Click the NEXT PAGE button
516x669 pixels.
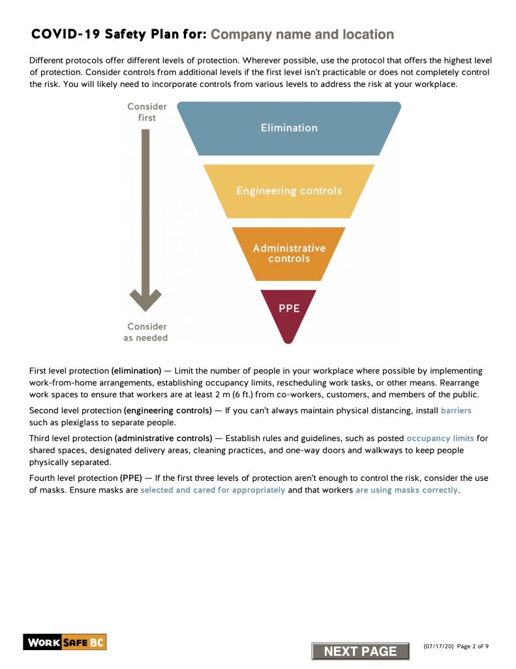click(360, 651)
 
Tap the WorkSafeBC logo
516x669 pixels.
click(65, 642)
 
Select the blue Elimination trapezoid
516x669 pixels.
click(289, 128)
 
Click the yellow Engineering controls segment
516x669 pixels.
click(289, 191)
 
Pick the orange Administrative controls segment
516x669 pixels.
click(289, 253)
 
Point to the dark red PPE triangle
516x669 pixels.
click(289, 310)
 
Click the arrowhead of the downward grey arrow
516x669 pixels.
click(145, 300)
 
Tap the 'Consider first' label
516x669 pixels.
click(147, 112)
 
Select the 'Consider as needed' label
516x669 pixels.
click(146, 332)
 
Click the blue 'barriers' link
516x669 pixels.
click(456, 411)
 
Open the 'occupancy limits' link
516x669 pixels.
click(440, 438)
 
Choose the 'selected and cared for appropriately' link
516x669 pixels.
click(213, 490)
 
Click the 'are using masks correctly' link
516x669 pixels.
click(406, 490)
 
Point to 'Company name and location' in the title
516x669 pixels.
click(302, 35)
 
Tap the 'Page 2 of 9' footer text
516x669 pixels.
click(473, 646)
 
